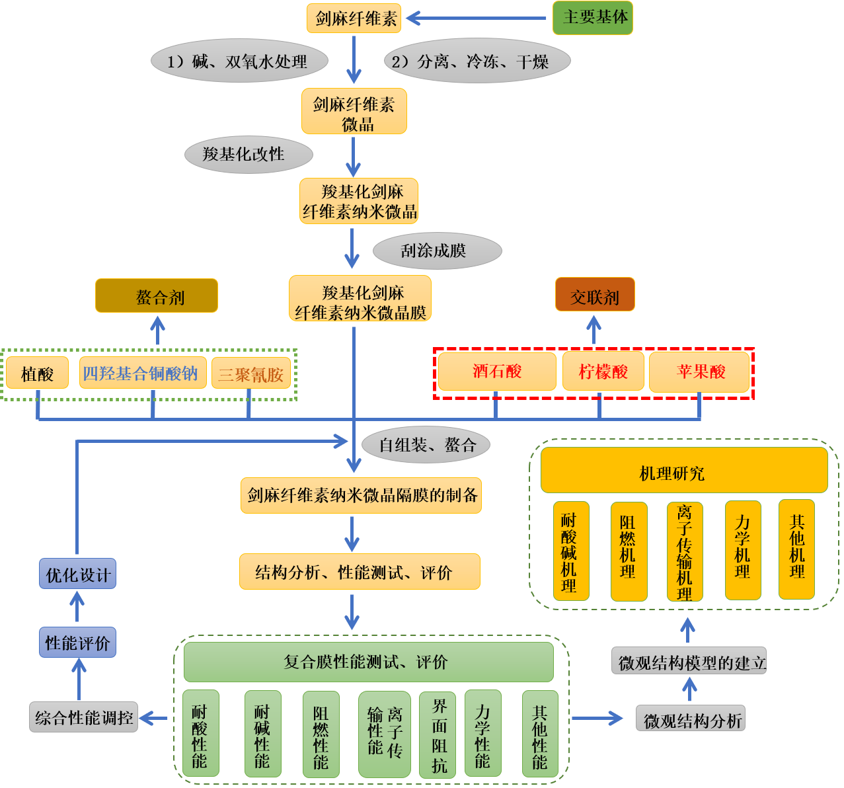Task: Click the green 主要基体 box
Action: pos(592,18)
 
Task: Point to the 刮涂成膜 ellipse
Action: pos(437,251)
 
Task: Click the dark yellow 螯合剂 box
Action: pos(157,295)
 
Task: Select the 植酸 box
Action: pos(38,374)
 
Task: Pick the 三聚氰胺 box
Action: pos(251,374)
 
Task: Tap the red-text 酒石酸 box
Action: pos(497,372)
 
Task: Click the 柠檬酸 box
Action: pos(602,372)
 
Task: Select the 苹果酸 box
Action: pos(699,372)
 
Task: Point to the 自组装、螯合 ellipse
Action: pos(426,445)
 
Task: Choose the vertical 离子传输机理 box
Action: pos(685,551)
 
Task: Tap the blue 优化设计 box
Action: pos(77,574)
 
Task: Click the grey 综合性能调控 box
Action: pos(84,717)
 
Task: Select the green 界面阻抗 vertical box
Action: pos(438,734)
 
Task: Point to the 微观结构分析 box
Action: pos(691,719)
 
